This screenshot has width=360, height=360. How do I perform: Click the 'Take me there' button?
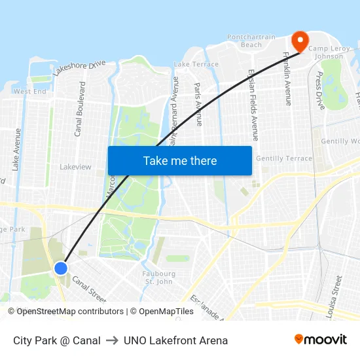[x=180, y=161]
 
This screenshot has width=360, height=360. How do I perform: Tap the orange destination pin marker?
[x=300, y=42]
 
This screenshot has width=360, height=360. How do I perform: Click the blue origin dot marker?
[x=60, y=268]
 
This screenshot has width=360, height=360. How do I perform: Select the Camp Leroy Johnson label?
[x=326, y=52]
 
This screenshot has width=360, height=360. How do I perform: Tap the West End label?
[x=30, y=92]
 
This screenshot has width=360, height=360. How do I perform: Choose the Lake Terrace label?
[x=196, y=64]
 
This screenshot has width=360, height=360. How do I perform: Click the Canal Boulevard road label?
[x=79, y=109]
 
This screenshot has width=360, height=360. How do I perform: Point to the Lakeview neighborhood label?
[x=75, y=167]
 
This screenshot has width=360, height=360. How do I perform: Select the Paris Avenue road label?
[x=198, y=105]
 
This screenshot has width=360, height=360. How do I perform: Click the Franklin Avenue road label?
[x=287, y=79]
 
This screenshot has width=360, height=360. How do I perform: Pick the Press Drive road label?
[x=320, y=90]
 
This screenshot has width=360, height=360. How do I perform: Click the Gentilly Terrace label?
[x=284, y=158]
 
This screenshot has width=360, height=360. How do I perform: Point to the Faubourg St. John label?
[x=158, y=278]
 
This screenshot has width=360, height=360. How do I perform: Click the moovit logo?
[x=320, y=340]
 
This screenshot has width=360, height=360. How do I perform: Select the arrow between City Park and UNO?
[x=112, y=340]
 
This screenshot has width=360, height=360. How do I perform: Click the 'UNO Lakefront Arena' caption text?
[x=175, y=340]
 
